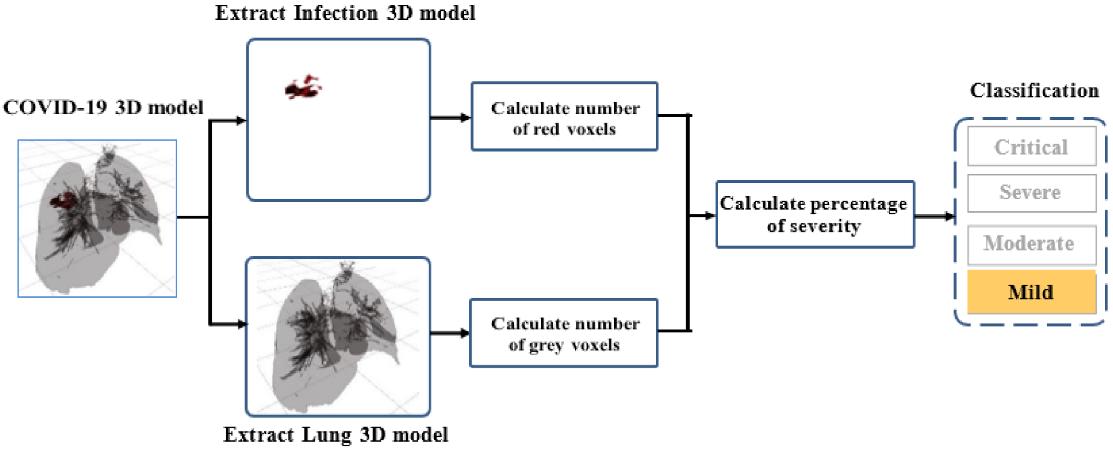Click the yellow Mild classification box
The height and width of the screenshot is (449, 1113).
click(x=1031, y=292)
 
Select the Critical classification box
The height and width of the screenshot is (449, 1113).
click(x=1031, y=147)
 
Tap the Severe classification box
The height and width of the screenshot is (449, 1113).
click(x=1031, y=193)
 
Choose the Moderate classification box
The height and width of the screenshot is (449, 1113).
click(x=1031, y=244)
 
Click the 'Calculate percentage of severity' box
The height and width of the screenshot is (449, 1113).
click(x=815, y=214)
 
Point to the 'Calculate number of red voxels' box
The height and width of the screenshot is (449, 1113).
click(x=564, y=116)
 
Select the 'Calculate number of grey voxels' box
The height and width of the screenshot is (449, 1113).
click(x=563, y=333)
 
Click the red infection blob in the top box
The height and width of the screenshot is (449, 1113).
click(x=303, y=89)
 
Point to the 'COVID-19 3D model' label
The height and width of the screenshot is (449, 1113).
click(x=103, y=107)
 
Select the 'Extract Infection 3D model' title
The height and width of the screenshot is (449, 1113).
click(x=345, y=13)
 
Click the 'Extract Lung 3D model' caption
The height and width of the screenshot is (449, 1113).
click(x=336, y=435)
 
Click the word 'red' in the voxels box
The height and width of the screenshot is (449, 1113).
click(x=545, y=129)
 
